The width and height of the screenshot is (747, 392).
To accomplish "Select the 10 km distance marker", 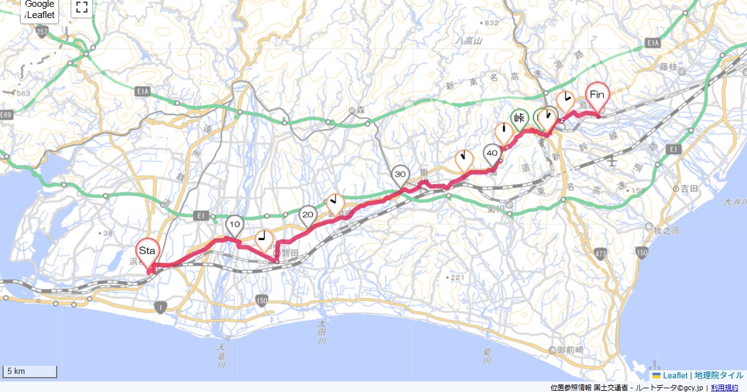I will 235,225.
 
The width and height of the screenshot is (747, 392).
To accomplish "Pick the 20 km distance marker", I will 308,216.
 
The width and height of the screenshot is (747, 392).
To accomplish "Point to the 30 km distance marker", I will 400,175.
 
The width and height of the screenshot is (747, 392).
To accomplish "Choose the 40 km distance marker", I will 492,153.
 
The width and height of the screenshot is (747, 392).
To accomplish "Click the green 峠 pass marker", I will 520,118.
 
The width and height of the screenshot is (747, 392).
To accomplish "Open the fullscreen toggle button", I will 82,7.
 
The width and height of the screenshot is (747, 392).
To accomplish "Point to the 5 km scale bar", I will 30,371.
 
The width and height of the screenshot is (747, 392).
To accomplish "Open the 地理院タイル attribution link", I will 719,375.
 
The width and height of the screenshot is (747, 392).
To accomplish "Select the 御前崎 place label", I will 569,350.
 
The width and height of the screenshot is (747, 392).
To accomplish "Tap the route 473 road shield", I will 600,253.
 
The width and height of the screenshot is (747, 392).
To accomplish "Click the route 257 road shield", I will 42,32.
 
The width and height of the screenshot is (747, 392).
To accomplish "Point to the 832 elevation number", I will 491,23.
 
